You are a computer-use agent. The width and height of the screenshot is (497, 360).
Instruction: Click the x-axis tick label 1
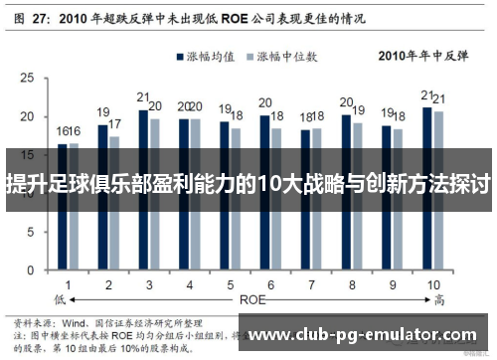[68, 284]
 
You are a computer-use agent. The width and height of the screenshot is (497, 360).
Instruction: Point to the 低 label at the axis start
[60, 298]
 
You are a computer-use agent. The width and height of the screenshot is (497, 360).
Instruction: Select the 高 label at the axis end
[437, 298]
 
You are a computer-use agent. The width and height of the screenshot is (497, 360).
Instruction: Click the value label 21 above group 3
[143, 98]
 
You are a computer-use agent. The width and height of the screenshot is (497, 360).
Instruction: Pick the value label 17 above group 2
[115, 125]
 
